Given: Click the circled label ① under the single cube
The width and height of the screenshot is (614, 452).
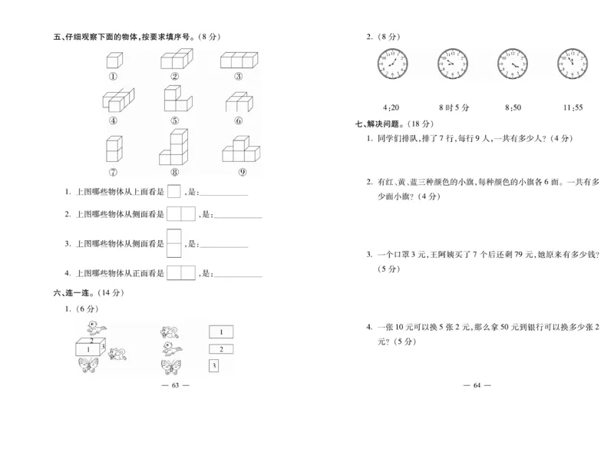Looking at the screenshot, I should point(114,76).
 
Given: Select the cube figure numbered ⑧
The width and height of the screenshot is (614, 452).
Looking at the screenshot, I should point(175,148).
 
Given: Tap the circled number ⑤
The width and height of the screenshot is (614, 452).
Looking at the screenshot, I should point(175,120).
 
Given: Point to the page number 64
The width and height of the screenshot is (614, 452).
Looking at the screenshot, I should point(477,384).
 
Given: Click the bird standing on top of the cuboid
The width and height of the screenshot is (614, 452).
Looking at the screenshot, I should point(95,330).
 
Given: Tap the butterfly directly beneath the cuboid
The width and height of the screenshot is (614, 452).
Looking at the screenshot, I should point(91,366).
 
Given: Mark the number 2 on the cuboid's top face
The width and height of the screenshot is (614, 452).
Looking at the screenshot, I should point(93,340).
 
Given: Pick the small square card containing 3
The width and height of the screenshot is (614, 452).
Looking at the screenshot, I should point(214,366).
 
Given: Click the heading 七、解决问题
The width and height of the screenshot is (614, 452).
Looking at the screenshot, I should point(384,124).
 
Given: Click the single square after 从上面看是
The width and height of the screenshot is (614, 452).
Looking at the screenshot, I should point(174,191).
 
